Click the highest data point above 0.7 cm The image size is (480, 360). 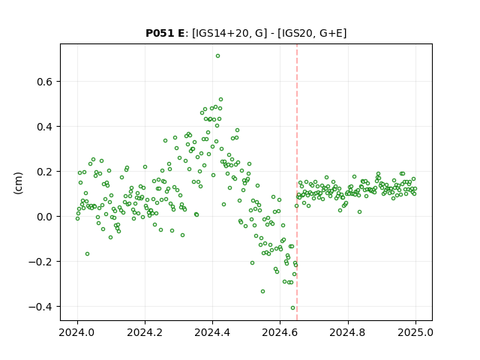[217, 56]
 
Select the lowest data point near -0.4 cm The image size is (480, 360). [292, 308]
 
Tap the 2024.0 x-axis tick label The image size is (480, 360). [77, 332]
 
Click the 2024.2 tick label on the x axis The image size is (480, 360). [145, 332]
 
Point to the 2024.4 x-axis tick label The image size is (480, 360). [212, 332]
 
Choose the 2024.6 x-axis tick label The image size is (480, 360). [280, 332]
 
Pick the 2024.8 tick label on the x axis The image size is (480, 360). [347, 332]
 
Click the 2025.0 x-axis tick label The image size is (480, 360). [415, 332]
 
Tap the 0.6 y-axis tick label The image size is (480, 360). [44, 82]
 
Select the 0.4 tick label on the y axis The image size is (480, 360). [44, 127]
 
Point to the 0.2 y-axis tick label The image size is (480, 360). [44, 172]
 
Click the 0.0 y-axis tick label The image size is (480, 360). [44, 217]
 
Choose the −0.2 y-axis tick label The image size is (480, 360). [40, 262]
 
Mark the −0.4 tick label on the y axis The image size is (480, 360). [40, 307]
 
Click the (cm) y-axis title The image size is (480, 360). [18, 183]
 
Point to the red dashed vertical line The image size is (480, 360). [297, 182]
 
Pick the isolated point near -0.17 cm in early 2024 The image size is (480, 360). [87, 254]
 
